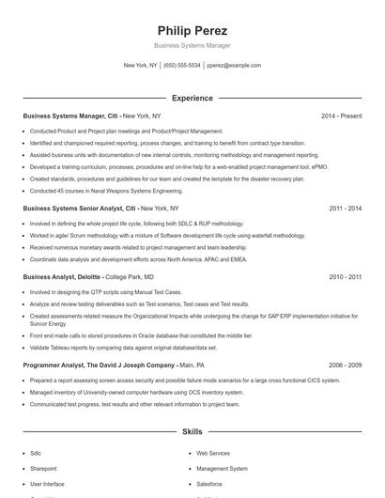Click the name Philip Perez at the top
(x=192, y=30)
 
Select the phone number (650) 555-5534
(x=182, y=66)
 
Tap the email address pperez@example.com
(x=234, y=66)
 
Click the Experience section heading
(x=192, y=98)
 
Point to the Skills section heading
(x=192, y=431)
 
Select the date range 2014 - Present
(x=341, y=116)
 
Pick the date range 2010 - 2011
(x=345, y=277)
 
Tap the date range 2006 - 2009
(x=345, y=364)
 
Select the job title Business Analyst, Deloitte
(x=62, y=277)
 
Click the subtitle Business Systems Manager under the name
(x=192, y=45)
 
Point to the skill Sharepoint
(x=43, y=468)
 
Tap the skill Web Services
(x=212, y=453)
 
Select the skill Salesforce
(x=209, y=483)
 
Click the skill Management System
(x=222, y=468)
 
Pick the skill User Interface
(x=47, y=483)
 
